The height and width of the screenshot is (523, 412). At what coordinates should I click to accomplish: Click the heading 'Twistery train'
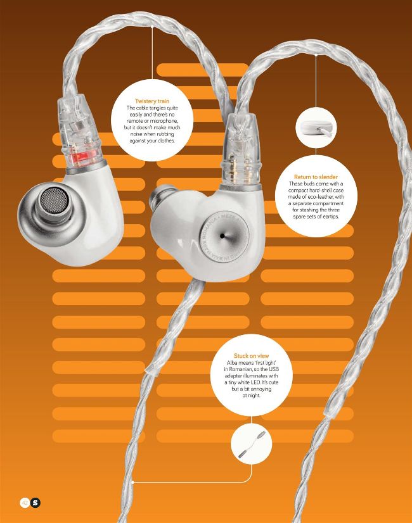pos(152,101)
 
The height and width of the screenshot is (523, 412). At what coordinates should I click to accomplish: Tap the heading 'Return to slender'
pos(316,177)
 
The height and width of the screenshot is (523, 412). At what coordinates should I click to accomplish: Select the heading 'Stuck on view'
pos(251,356)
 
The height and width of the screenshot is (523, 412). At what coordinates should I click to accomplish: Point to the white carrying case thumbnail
pos(316,128)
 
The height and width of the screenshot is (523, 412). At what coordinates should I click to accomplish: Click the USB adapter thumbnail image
pos(252,444)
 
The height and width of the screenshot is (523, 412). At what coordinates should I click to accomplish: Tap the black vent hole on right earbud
pos(222,236)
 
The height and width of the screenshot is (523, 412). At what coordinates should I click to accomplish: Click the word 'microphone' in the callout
pos(164,121)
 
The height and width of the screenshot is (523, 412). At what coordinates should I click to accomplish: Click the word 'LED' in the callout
pos(255,382)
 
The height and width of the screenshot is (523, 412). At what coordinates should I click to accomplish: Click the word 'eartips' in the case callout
pos(330,217)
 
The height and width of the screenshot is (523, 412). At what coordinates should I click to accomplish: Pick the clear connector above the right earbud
pos(241,151)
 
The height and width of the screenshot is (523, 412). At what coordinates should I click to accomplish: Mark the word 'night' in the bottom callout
pos(254,396)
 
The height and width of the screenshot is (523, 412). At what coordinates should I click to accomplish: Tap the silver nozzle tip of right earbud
pos(158,197)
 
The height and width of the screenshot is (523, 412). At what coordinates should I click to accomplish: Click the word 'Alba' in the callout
pos(233,363)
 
